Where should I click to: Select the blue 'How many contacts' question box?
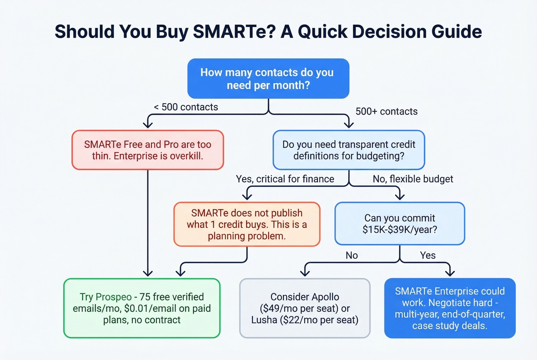268,79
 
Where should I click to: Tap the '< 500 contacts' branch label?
186,107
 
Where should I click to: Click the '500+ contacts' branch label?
386,112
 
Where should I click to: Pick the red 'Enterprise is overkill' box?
148,150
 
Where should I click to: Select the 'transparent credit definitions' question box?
349,150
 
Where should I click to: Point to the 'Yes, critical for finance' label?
285,179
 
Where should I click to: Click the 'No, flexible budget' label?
413,179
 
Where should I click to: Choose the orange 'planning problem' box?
247,224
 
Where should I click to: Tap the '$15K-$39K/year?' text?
400,230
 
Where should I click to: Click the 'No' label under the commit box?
351,255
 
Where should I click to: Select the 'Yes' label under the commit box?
428,255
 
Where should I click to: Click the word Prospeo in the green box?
114,297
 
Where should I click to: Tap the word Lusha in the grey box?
264,320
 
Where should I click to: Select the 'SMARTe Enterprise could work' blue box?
450,308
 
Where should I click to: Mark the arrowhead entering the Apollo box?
305,273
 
